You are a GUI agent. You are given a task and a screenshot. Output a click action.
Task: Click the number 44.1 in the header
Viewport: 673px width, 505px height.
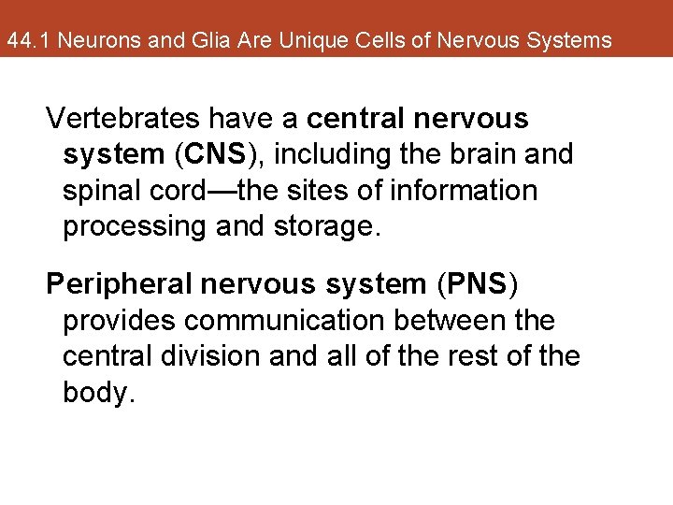tap(24, 41)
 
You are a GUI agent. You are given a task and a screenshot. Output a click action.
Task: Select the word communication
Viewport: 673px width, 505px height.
tap(284, 321)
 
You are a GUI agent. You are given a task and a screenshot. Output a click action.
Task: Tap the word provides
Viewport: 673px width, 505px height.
tap(118, 321)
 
